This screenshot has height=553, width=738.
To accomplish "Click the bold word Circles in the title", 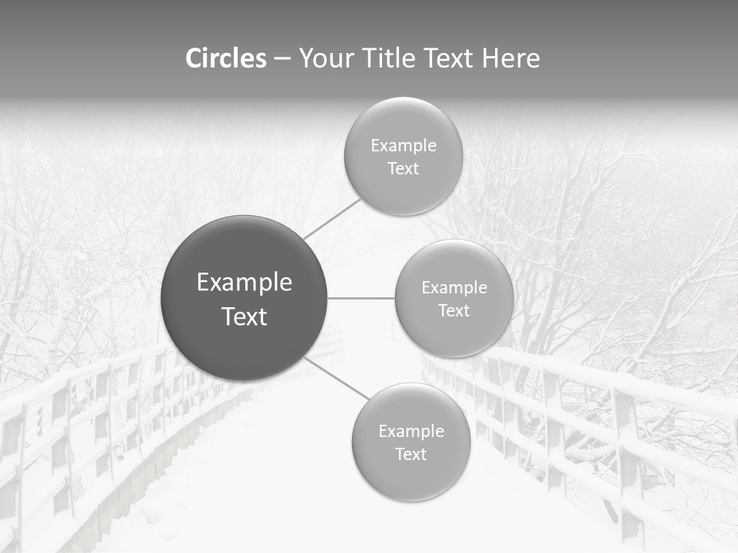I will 225,58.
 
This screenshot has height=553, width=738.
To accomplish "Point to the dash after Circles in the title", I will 282,59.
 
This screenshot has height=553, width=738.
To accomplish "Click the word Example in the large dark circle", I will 244,283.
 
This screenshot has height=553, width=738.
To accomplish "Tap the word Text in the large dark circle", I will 244,316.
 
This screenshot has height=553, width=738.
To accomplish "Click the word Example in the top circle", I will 404,146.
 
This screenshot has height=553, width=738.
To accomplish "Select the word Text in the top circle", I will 403,169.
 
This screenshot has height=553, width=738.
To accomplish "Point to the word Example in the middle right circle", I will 454,288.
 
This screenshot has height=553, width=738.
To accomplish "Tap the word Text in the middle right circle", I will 454,311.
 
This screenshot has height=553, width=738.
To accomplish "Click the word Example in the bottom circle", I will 411,432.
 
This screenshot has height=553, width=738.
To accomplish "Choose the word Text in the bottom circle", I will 411,455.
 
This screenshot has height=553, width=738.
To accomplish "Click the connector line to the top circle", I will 331,219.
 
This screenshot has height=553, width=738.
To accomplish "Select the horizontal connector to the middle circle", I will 361,298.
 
